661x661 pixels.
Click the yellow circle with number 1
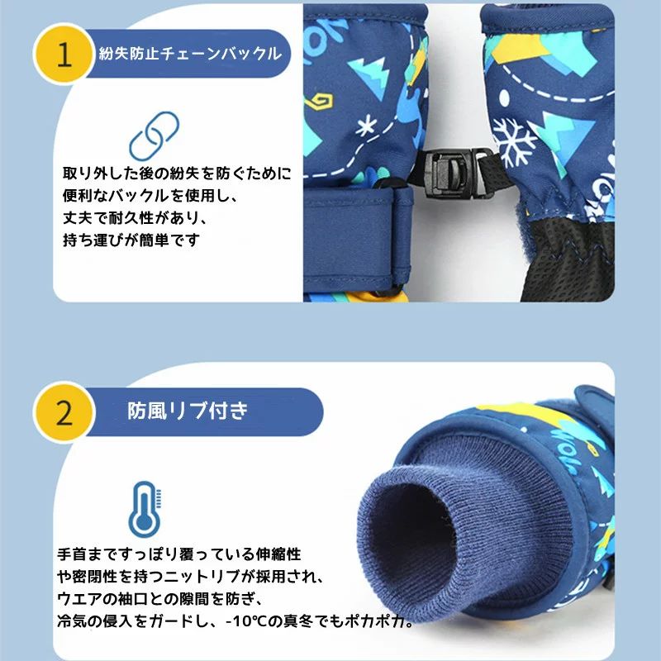coord(64,54)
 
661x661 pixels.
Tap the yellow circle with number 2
coord(64,412)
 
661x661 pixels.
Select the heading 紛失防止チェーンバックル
coord(190,54)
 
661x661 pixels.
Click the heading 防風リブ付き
coord(188,411)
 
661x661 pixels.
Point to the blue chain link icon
coord(154,136)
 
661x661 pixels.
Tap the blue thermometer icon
coord(145,509)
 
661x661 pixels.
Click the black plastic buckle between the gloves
coord(453,173)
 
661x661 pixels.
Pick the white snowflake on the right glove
coord(513,142)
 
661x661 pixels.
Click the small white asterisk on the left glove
coord(365,126)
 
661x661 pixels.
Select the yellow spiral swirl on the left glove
coord(319,102)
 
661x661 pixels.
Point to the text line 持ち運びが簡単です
coord(131,240)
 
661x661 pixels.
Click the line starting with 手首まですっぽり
coord(179,554)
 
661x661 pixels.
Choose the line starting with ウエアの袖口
coord(160,598)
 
